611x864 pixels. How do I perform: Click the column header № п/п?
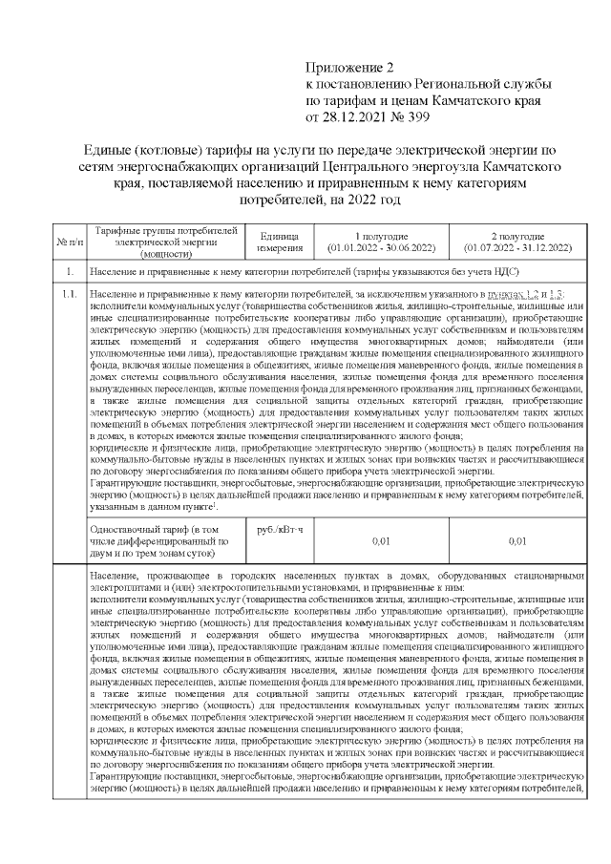(67, 242)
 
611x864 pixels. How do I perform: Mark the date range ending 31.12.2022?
(517, 247)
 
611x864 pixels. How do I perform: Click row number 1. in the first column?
(67, 273)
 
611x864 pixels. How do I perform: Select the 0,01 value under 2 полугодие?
(517, 540)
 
